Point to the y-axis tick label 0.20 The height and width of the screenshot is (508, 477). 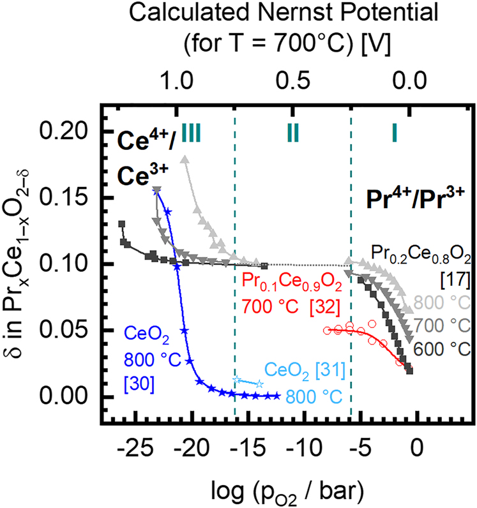coord(70,131)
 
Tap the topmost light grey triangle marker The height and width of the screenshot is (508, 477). coord(186,160)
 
